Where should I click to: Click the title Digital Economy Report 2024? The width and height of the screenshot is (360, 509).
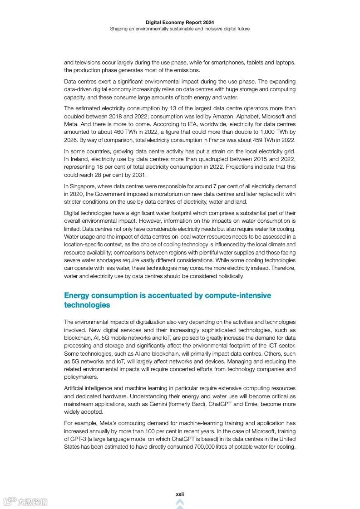tap(180, 22)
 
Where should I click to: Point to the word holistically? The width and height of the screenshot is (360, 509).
tap(227, 276)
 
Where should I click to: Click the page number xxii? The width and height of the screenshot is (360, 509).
tap(180, 494)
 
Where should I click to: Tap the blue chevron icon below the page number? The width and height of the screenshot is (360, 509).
tap(180, 503)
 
